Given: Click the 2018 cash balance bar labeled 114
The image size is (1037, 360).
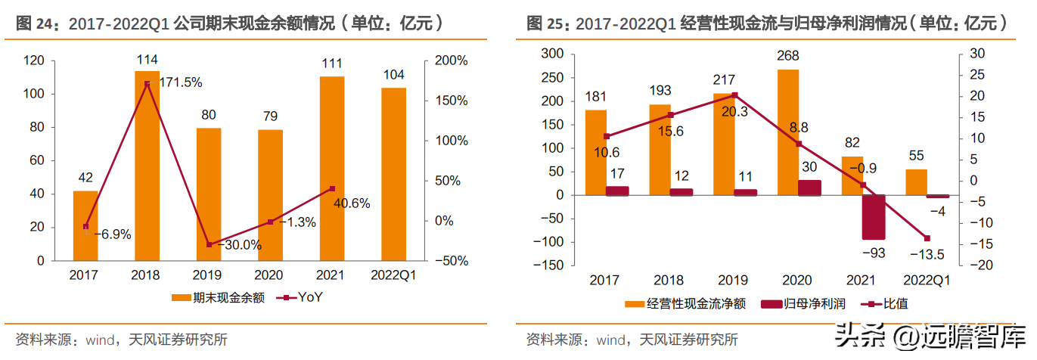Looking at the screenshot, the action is click(147, 166).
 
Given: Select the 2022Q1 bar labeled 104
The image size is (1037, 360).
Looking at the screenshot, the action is click(393, 174).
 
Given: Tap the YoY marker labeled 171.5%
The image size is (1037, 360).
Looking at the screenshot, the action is click(147, 84).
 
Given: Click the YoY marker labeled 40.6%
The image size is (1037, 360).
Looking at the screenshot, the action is click(332, 189).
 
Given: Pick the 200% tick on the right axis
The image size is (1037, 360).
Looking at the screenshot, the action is click(451, 61).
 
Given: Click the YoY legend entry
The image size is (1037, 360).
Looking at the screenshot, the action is click(300, 297).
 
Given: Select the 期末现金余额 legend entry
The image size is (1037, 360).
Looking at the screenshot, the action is click(218, 297).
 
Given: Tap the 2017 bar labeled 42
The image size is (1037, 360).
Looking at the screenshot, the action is click(85, 226).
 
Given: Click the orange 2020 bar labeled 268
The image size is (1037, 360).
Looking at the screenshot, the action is click(788, 132).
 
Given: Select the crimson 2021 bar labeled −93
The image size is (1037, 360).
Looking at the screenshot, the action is click(874, 217).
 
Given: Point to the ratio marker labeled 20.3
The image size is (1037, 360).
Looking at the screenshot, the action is click(734, 95).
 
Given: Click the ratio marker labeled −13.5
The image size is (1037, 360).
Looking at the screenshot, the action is click(927, 238).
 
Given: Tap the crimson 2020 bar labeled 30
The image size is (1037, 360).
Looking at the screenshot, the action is click(809, 188).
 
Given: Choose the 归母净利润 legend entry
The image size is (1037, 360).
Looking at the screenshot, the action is click(803, 304).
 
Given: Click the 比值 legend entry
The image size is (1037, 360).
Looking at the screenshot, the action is click(884, 304).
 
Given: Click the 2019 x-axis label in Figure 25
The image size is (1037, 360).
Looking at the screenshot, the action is click(733, 281).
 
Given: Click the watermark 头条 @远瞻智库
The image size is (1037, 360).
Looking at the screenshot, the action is click(930, 336).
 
